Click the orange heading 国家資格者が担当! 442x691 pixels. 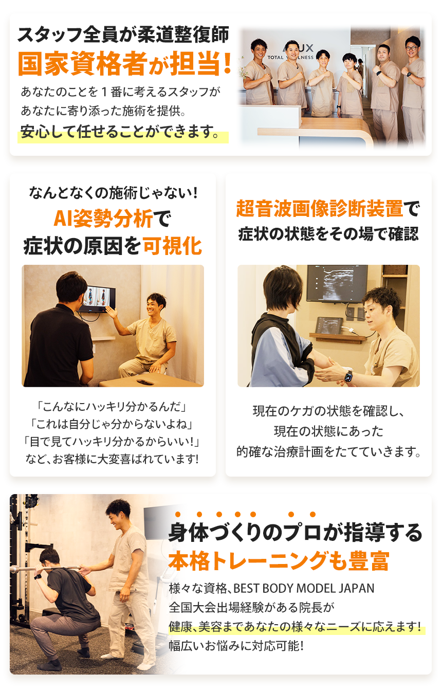[x=124, y=64]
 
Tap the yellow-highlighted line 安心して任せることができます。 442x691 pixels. [x=120, y=132]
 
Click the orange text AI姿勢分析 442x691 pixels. [x=103, y=219]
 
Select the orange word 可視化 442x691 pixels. [x=172, y=246]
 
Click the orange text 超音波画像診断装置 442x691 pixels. [x=319, y=209]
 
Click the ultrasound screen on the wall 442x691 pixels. [x=337, y=283]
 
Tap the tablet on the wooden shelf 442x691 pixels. [x=329, y=325]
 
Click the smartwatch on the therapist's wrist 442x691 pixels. [x=348, y=376]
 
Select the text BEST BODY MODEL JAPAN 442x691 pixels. [x=304, y=589]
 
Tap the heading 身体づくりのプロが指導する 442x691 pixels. [x=295, y=533]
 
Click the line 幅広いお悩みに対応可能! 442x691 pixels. [x=236, y=646]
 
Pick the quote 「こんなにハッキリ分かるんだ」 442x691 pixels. [x=112, y=407]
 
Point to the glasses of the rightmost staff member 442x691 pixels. [x=411, y=48]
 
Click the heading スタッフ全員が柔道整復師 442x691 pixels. [x=123, y=34]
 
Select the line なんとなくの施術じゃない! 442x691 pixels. [x=113, y=193]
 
